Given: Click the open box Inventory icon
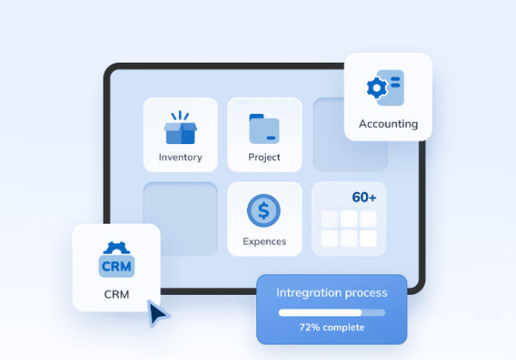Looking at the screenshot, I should click(x=180, y=131).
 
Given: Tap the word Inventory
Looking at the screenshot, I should click(x=180, y=157).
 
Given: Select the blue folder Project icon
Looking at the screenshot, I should click(x=264, y=129).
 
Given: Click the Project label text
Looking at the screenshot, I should click(x=264, y=157).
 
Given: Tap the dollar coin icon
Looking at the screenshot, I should click(x=264, y=211).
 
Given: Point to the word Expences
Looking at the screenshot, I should click(x=264, y=241).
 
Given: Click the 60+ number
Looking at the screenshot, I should click(x=363, y=197).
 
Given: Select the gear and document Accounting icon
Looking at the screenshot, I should click(x=383, y=87).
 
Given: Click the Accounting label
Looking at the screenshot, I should click(x=388, y=123).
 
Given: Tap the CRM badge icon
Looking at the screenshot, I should click(x=117, y=265).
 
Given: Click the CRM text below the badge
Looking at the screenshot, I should click(x=117, y=294).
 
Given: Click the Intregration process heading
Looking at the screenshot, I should click(x=332, y=293).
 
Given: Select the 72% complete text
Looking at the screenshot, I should click(x=332, y=327).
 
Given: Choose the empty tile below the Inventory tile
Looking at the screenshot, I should click(x=180, y=219).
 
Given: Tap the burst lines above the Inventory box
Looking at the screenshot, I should click(x=180, y=116).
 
